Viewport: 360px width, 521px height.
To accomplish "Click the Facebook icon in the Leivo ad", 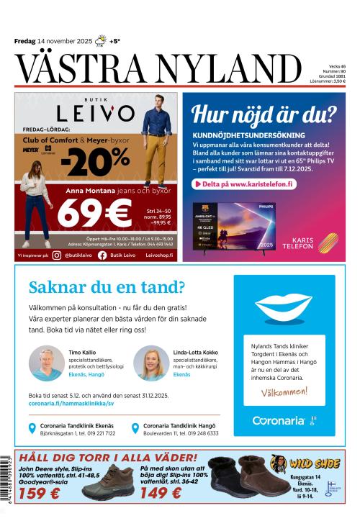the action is pyautogui.click(x=102, y=255).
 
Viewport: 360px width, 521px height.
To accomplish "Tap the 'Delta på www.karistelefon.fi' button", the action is pyautogui.click(x=244, y=184).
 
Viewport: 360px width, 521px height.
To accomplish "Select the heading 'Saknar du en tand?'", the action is pyautogui.click(x=106, y=288).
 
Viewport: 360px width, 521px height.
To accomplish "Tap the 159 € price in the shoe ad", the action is pyautogui.click(x=40, y=494).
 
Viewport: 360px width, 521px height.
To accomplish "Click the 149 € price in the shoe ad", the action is pyautogui.click(x=162, y=494).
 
